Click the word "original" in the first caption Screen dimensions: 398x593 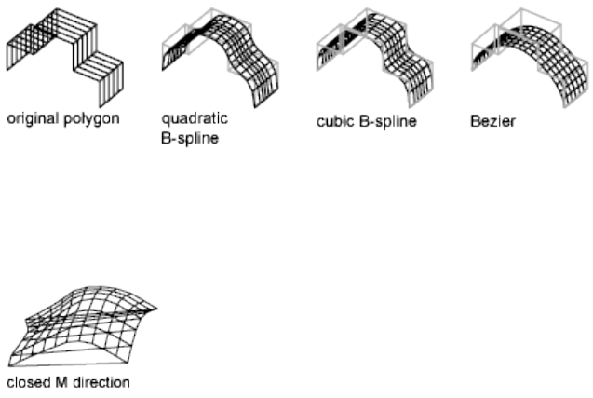pyautogui.click(x=32, y=119)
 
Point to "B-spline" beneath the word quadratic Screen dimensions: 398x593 pyautogui.click(x=190, y=137)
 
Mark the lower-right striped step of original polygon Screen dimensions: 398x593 pyautogui.click(x=100, y=70)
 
